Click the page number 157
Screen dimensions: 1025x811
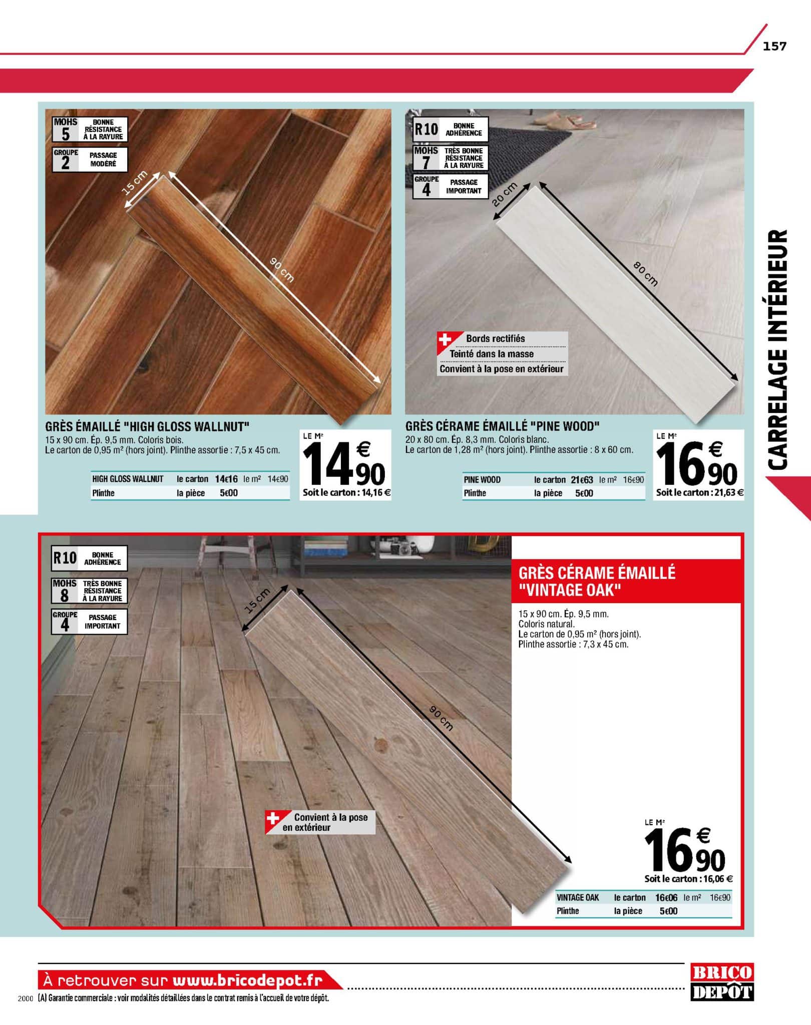(x=774, y=47)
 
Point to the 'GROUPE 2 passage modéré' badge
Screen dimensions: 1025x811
(x=90, y=159)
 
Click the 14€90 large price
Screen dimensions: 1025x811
(x=345, y=465)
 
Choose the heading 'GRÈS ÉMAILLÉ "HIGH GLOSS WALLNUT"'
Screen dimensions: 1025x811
(x=147, y=426)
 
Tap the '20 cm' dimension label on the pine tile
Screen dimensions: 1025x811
(x=504, y=194)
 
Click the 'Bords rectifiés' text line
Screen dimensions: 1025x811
(x=495, y=339)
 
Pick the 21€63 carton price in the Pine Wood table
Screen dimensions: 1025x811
(x=582, y=479)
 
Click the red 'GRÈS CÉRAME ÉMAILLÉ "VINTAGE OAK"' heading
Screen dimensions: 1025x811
(x=597, y=581)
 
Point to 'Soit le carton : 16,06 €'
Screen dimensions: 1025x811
(x=688, y=879)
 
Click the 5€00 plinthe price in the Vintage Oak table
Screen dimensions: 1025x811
(x=668, y=911)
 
